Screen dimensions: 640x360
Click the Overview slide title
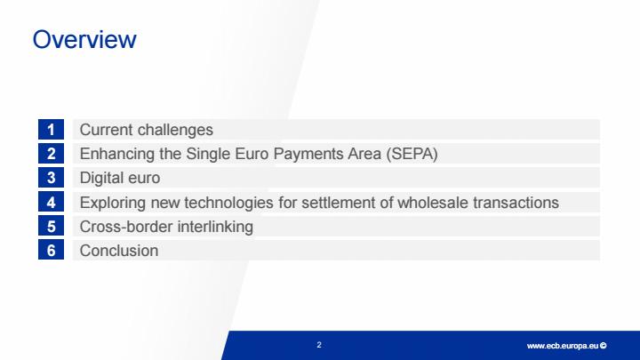[x=84, y=40]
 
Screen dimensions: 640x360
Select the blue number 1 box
[x=51, y=130]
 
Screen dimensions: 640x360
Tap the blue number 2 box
[x=51, y=154]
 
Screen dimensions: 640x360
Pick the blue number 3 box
[x=51, y=178]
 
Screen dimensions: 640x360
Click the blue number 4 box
[x=51, y=202]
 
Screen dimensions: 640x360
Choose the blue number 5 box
[x=51, y=226]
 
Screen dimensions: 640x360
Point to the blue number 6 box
[x=51, y=250]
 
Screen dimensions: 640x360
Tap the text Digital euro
[x=120, y=179]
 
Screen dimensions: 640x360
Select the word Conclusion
[x=119, y=251]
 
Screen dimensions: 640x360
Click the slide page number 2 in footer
[x=319, y=345]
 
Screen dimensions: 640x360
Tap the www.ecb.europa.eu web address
[x=563, y=346]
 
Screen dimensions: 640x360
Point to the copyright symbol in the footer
[x=604, y=346]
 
